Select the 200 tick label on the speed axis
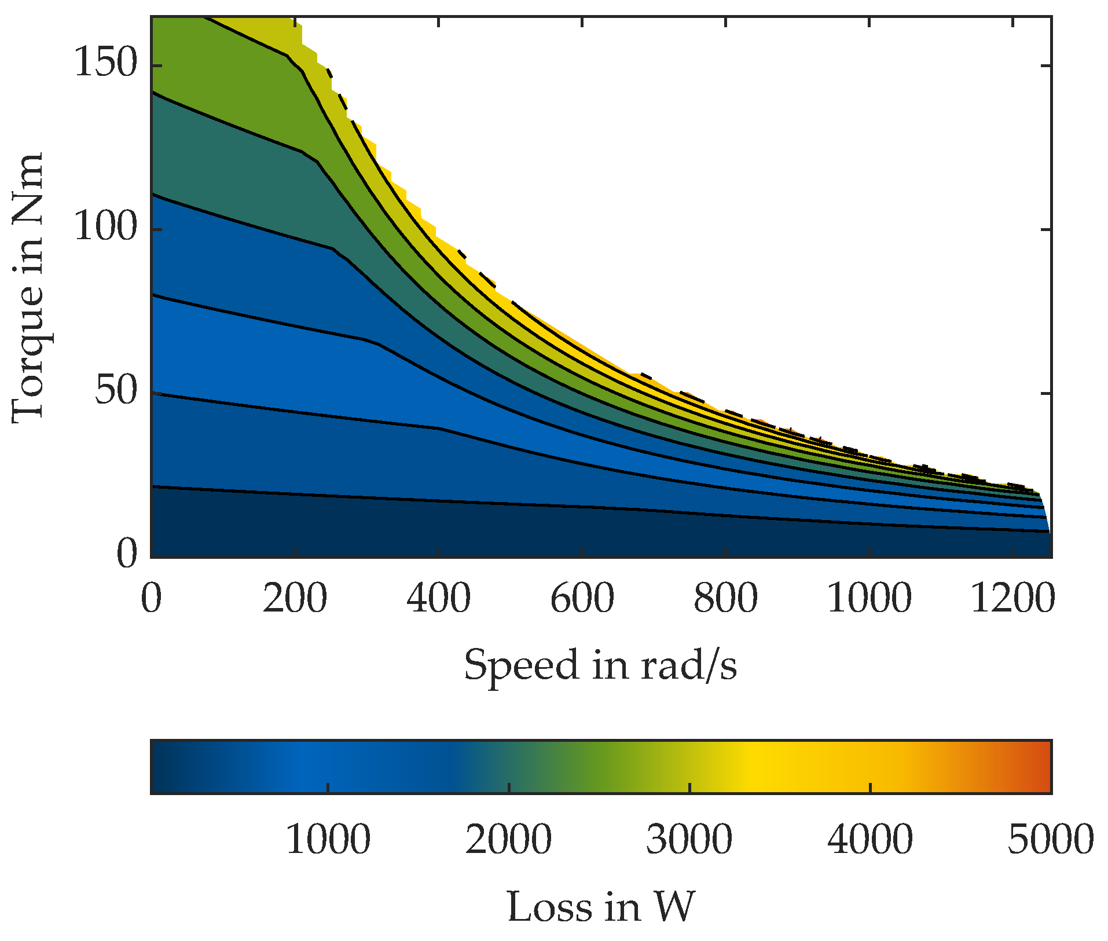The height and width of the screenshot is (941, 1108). point(295,599)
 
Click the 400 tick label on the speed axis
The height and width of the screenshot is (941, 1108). point(438,599)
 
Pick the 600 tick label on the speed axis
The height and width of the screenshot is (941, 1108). point(582,599)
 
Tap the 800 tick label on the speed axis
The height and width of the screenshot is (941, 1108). point(725,599)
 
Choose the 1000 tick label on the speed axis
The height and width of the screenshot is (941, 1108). point(869,599)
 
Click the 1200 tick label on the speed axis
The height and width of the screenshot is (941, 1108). point(1012,599)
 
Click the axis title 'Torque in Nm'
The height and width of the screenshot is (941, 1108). point(28,288)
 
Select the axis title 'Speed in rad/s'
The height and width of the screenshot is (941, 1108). point(600,665)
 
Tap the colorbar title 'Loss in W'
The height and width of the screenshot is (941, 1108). point(600,907)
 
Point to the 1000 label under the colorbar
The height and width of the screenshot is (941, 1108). point(328,840)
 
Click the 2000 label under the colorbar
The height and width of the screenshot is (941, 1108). point(508,840)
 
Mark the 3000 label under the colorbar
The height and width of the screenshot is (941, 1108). point(689,840)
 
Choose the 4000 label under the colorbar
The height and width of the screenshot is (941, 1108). point(870,840)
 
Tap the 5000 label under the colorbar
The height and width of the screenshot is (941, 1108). point(1050,840)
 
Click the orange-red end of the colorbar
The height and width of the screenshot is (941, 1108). point(1039,767)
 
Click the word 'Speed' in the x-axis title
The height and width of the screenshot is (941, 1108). point(521,666)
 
